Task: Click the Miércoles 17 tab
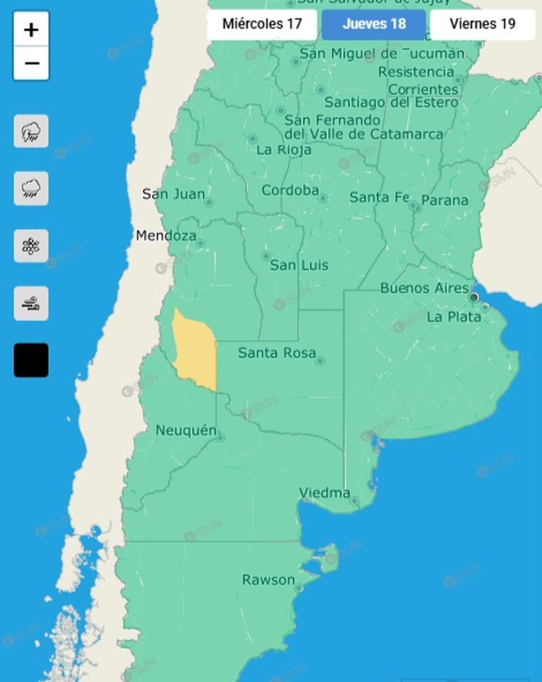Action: click(x=262, y=24)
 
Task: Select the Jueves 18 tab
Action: click(x=374, y=24)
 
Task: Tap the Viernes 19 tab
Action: click(x=482, y=24)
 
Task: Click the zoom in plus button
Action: click(x=31, y=30)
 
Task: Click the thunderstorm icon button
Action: click(x=31, y=131)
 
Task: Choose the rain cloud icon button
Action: click(x=31, y=188)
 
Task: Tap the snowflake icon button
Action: click(x=31, y=246)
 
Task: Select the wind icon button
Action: click(x=31, y=303)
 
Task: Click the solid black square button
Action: click(x=31, y=360)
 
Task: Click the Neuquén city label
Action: click(x=185, y=430)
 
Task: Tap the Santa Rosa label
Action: click(x=277, y=352)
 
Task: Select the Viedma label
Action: click(x=324, y=493)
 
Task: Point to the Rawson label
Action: click(x=268, y=580)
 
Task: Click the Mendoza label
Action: click(x=166, y=235)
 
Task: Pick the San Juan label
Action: click(x=173, y=194)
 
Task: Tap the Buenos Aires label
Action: click(x=424, y=288)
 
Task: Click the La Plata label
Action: click(x=454, y=317)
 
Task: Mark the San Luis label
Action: click(x=300, y=265)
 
